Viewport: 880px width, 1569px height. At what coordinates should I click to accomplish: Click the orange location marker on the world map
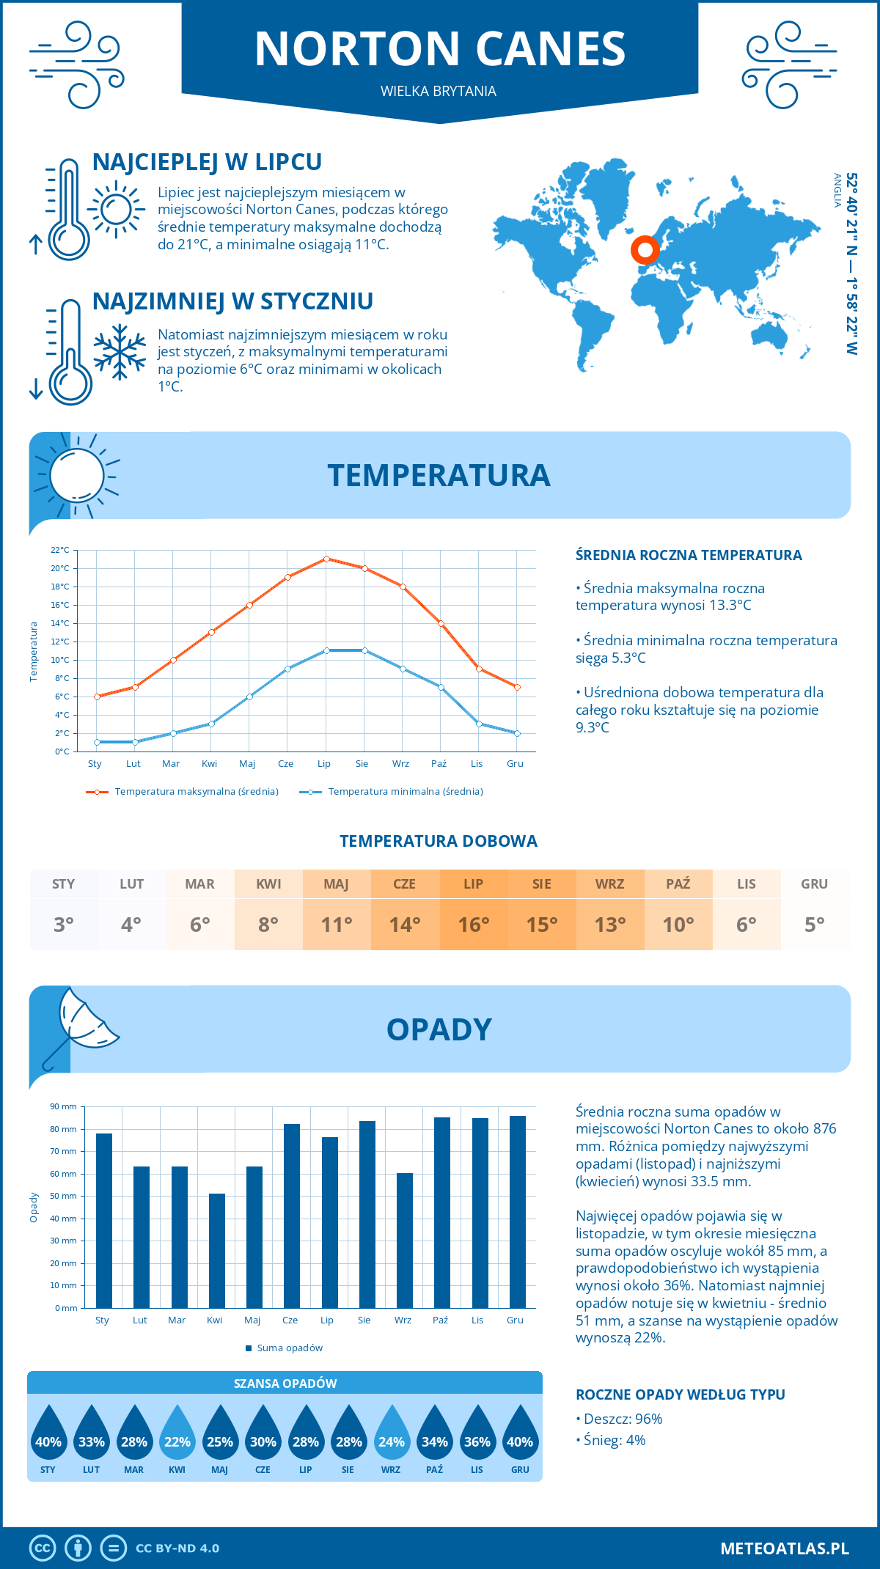point(645,250)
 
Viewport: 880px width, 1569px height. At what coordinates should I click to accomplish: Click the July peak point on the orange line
point(326,559)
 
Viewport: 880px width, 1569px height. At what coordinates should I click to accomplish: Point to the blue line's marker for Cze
point(288,669)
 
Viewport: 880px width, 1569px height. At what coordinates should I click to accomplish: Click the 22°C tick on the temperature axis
point(60,550)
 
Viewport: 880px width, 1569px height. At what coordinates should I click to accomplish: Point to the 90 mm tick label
point(63,1106)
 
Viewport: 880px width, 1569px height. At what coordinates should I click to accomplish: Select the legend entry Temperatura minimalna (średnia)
point(392,792)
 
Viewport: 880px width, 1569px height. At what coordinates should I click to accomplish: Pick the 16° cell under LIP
point(473,925)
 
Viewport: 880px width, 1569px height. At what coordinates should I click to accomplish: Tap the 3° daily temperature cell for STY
point(64,925)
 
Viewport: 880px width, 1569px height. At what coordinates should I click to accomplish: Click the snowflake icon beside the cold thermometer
point(120,352)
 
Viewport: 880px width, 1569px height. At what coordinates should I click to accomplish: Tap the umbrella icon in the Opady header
point(81,1023)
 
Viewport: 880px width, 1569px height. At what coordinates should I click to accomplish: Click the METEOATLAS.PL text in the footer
point(784,1548)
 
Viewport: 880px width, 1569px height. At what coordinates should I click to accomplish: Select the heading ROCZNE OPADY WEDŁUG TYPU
point(680,1395)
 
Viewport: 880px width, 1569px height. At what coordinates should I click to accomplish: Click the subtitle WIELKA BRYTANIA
point(439,92)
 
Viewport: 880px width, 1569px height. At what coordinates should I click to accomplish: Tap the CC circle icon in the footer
point(43,1548)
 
